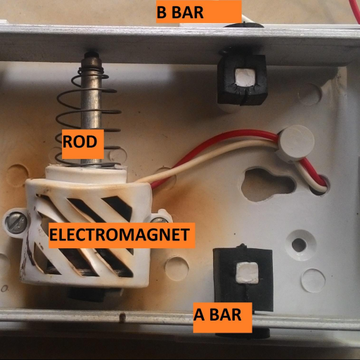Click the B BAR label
click(180, 12)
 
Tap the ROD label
click(79, 141)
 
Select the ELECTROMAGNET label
click(120, 235)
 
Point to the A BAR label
click(217, 314)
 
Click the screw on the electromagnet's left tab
click(15, 222)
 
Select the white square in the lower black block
click(247, 272)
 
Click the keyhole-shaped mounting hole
click(266, 184)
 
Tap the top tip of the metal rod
click(92, 53)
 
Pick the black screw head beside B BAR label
click(244, 25)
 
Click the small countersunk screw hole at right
click(299, 245)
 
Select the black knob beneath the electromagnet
click(87, 294)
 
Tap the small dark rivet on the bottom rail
click(122, 318)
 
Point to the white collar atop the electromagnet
click(86, 174)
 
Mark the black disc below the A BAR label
click(243, 333)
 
